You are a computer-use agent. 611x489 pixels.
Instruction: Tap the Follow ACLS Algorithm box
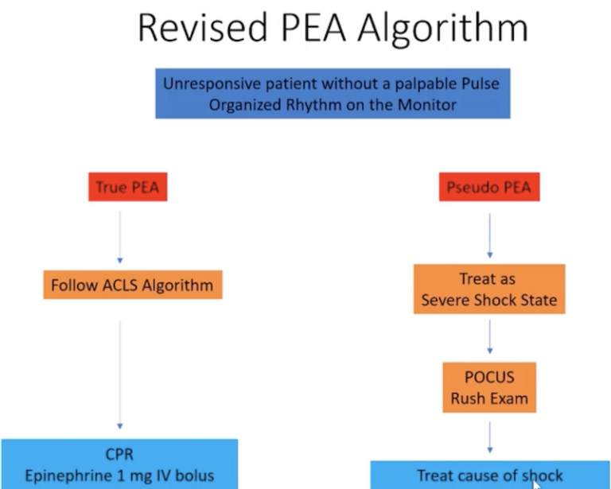(132, 285)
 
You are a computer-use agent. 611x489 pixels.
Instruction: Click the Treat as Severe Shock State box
(489, 289)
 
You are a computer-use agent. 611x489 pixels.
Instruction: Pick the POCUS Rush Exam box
(489, 387)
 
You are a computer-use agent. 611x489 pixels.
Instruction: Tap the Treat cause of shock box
(489, 475)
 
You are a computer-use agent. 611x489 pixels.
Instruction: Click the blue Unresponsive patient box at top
(332, 93)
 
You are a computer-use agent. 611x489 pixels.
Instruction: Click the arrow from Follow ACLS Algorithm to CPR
(120, 374)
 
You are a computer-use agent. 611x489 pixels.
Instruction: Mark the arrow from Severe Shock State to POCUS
(489, 337)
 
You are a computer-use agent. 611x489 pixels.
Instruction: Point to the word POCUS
(489, 378)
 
